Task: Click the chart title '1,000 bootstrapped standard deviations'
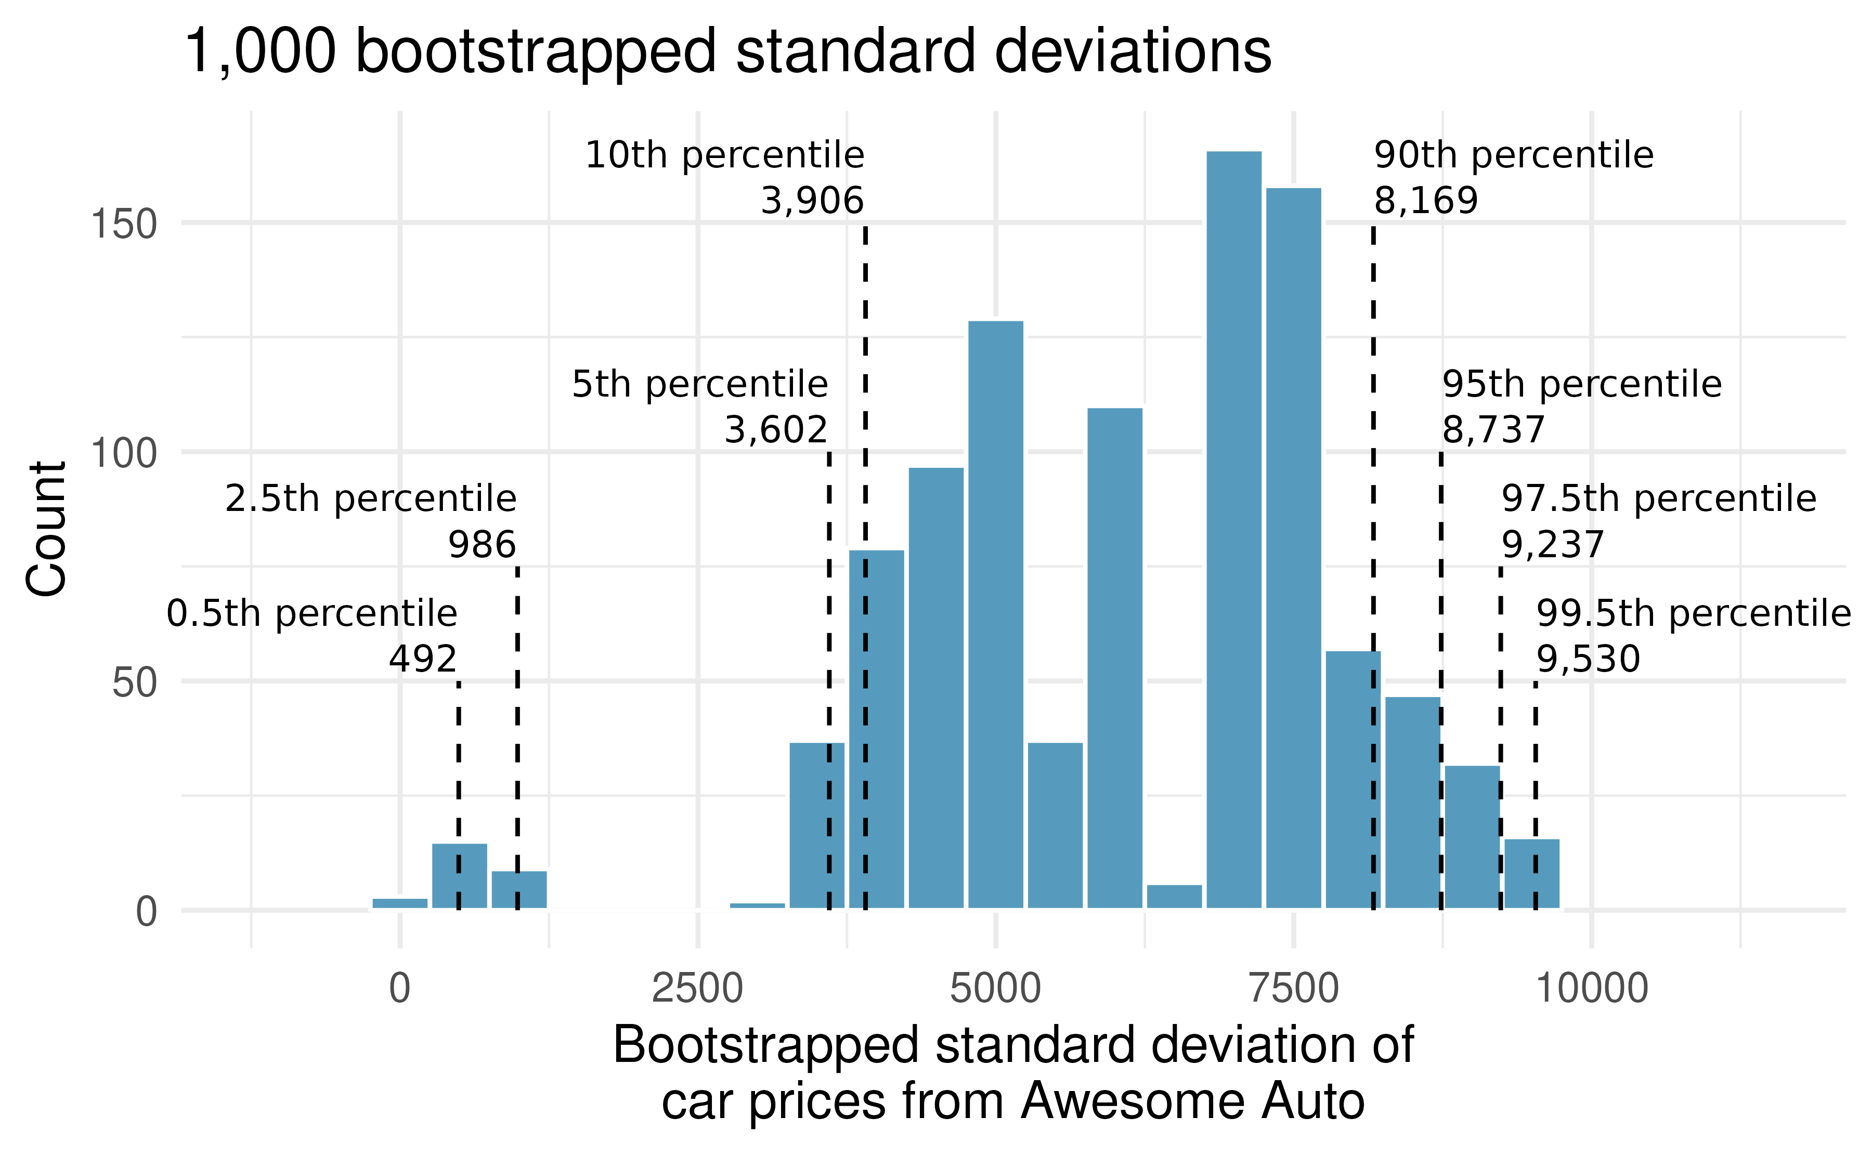pyautogui.click(x=726, y=52)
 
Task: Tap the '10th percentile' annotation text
pyautogui.click(x=724, y=155)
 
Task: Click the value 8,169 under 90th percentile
pyautogui.click(x=1425, y=201)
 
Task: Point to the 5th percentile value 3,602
pyautogui.click(x=775, y=430)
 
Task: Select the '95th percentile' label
pyautogui.click(x=1581, y=385)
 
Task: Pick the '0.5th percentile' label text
pyautogui.click(x=312, y=614)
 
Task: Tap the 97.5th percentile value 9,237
pyautogui.click(x=1552, y=545)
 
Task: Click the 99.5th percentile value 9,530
pyautogui.click(x=1588, y=659)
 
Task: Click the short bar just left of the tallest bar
pyautogui.click(x=1174, y=897)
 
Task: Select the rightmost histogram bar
pyautogui.click(x=1532, y=874)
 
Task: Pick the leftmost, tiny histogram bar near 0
pyautogui.click(x=400, y=903)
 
